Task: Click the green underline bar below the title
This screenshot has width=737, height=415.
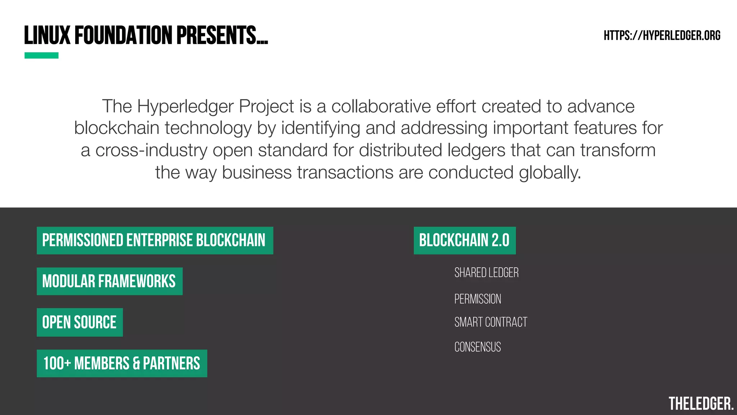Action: [41, 55]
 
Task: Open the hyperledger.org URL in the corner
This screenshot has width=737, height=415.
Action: [662, 36]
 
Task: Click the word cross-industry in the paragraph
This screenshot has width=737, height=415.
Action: [151, 150]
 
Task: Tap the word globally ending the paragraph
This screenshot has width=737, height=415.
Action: [550, 173]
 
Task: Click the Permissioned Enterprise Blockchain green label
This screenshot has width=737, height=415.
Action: [155, 240]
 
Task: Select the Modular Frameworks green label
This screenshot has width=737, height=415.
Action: [109, 281]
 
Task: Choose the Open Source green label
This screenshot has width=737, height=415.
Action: [80, 322]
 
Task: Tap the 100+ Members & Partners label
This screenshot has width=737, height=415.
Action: [122, 363]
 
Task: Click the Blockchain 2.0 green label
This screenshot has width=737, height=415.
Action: [464, 240]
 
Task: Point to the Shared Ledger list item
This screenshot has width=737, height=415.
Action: [486, 273]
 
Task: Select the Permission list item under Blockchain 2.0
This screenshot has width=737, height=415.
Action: [478, 299]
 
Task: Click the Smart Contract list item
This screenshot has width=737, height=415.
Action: [490, 322]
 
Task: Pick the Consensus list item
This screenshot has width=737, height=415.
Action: [478, 347]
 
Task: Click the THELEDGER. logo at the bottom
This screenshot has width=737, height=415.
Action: [701, 404]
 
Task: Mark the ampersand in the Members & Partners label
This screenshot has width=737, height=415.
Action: [136, 363]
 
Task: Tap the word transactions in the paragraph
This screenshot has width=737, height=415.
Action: [345, 173]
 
